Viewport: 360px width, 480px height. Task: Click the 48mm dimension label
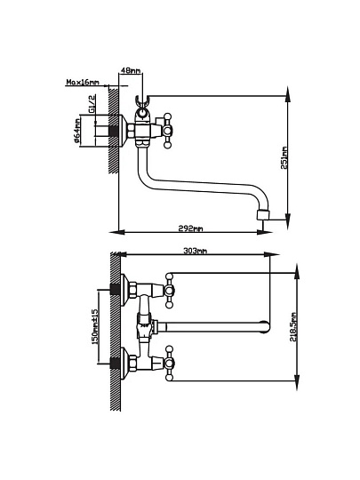[131, 70]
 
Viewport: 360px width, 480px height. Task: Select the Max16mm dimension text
[83, 82]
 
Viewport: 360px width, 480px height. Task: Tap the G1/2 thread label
[92, 104]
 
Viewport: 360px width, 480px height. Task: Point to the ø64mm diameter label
[76, 131]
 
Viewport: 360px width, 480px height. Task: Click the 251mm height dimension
[284, 158]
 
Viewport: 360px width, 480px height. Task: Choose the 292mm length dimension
[191, 228]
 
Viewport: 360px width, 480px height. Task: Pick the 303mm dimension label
[195, 251]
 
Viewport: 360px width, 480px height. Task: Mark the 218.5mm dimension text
[293, 327]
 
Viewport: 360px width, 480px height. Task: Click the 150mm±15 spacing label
[95, 326]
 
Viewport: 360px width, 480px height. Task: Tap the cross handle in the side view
[167, 131]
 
